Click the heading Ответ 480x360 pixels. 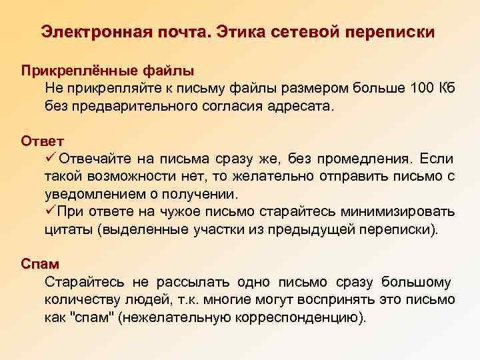[x=43, y=141]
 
